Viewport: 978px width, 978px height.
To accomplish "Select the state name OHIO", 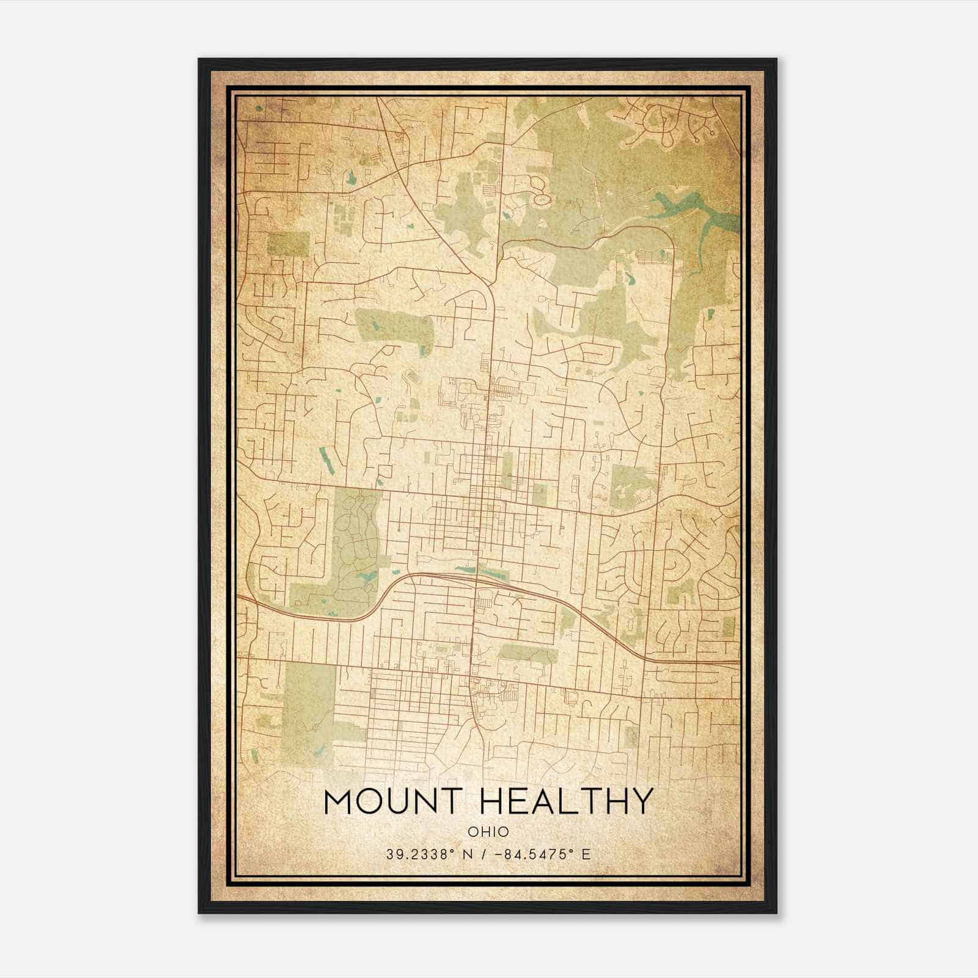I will point(488,831).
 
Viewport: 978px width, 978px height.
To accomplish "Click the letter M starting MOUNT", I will point(337,802).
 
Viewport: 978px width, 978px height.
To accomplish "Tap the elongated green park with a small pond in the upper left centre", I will point(394,327).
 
